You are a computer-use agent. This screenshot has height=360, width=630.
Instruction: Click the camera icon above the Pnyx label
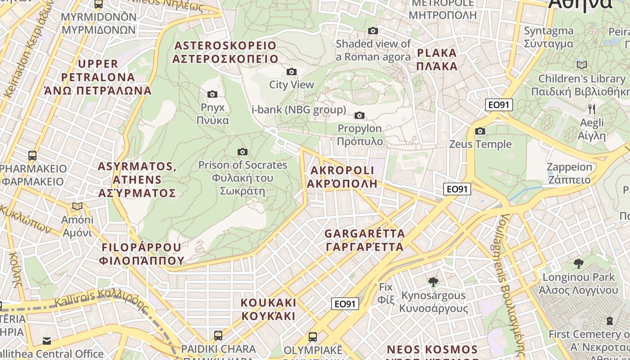(x=212, y=94)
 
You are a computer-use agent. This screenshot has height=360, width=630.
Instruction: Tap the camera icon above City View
(x=292, y=72)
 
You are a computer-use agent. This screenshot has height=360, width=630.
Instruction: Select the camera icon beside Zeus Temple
(x=480, y=131)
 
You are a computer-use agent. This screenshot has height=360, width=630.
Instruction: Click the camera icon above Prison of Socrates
(x=243, y=152)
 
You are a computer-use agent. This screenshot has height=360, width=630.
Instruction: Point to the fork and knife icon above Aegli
(x=592, y=109)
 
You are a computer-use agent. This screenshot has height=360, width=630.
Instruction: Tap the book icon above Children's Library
(x=582, y=65)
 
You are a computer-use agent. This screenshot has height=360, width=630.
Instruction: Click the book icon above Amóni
(x=77, y=207)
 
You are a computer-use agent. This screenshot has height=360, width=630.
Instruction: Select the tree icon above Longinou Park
(x=579, y=264)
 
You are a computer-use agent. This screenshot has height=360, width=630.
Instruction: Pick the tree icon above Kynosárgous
(x=433, y=282)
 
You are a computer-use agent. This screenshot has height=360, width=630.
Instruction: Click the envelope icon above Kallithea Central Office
(x=47, y=340)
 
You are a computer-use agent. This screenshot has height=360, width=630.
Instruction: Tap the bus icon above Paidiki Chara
(x=218, y=336)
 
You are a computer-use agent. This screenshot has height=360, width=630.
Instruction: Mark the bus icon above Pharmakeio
(x=32, y=156)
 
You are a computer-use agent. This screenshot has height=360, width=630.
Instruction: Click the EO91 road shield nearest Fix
(x=346, y=304)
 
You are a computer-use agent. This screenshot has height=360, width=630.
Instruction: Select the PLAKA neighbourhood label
(x=437, y=59)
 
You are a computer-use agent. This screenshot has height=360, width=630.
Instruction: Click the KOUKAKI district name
(x=269, y=309)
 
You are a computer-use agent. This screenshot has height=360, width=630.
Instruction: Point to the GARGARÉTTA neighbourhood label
(x=364, y=240)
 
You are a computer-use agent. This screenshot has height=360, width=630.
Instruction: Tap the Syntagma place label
(x=549, y=37)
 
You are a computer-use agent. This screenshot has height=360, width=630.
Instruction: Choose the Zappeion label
(x=569, y=173)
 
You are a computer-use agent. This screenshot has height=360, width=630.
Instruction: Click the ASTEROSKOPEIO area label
(x=225, y=52)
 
